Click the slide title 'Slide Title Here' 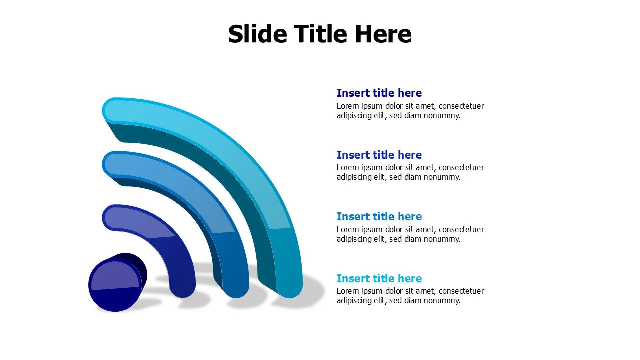[x=319, y=34]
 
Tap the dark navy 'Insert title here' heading [x=379, y=93]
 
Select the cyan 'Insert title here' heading [x=379, y=278]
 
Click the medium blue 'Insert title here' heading [x=379, y=216]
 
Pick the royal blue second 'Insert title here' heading [x=379, y=155]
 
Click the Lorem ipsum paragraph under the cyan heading [x=410, y=296]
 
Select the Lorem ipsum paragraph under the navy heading [x=410, y=111]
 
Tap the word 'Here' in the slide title [x=383, y=34]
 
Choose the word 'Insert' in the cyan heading [x=350, y=278]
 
